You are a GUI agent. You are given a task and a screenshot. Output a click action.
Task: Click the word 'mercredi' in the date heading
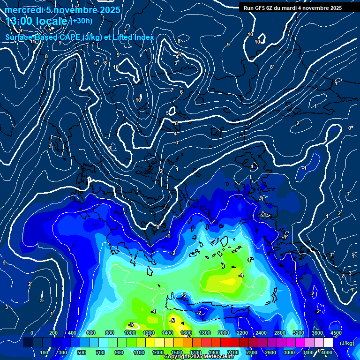point(24,10)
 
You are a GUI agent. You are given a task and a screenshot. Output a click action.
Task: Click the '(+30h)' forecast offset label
point(82,21)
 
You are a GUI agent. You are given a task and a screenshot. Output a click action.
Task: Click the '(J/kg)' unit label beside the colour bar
point(346,343)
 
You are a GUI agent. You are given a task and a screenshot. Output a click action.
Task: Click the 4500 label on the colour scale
point(336,333)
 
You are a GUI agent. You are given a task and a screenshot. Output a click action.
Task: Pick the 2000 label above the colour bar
point(224,333)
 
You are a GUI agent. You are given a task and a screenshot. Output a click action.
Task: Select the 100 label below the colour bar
point(45,352)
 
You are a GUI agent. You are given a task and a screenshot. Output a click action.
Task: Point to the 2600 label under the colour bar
point(270,352)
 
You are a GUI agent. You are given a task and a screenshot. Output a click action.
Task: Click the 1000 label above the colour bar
point(129,333)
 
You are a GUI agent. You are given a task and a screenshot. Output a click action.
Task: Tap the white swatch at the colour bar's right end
point(328,343)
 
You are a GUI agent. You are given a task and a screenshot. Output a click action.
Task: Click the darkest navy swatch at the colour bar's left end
point(28,343)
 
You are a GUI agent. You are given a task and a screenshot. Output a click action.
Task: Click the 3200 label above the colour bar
point(298,333)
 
